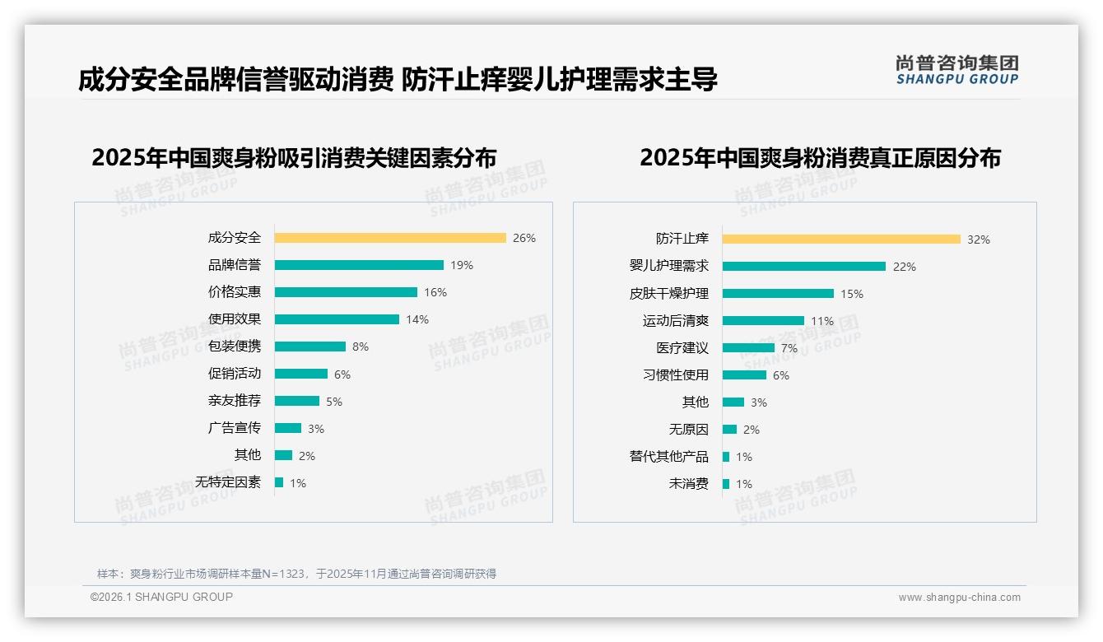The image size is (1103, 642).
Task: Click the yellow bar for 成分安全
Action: tap(390, 238)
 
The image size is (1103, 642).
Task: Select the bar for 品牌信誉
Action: tap(359, 265)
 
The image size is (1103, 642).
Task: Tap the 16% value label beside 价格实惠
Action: tap(435, 292)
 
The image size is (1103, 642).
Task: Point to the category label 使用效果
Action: tap(235, 319)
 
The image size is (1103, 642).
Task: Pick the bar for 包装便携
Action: tap(310, 347)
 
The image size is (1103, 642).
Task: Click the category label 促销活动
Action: tap(235, 374)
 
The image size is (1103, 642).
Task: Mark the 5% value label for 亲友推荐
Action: tap(334, 402)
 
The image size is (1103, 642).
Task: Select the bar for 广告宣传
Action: tap(288, 428)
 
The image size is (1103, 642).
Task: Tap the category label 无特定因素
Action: tap(228, 482)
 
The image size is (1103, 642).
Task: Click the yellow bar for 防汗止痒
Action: tap(841, 240)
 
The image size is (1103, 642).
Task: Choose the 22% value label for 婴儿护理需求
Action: tap(905, 267)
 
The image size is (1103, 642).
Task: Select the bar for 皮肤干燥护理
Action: tap(778, 293)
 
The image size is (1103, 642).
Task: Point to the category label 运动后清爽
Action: tap(676, 321)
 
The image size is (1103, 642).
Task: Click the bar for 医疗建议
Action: tap(748, 347)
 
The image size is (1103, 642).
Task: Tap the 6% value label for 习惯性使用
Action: tap(781, 375)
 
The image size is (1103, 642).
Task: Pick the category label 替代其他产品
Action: tap(669, 457)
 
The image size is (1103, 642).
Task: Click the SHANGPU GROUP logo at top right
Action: tap(957, 70)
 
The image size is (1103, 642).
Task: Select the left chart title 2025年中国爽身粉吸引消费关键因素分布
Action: tap(294, 157)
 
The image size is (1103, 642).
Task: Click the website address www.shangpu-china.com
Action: tap(959, 598)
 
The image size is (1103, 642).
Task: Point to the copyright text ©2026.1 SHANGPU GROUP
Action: tap(161, 597)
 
